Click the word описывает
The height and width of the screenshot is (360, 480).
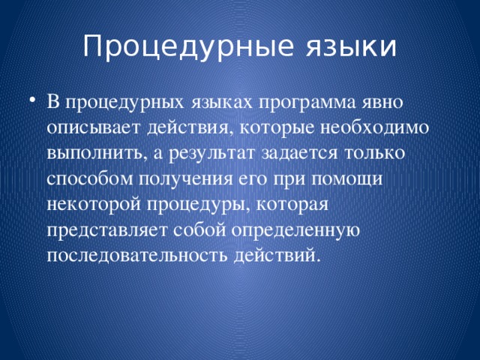point(94,127)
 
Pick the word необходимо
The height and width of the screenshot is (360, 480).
point(367,127)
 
